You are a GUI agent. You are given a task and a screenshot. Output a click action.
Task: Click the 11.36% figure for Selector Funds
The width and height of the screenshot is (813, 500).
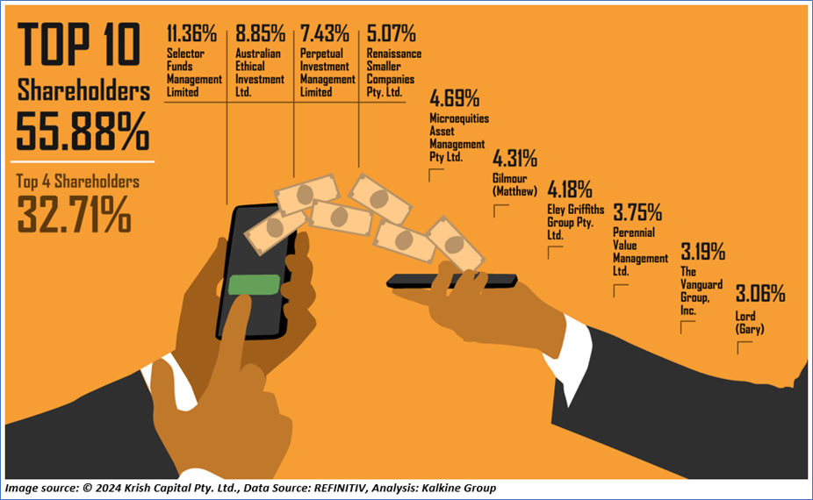[x=191, y=35]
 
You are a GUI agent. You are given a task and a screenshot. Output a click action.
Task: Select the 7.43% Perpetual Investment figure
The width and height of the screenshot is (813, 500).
[x=324, y=35]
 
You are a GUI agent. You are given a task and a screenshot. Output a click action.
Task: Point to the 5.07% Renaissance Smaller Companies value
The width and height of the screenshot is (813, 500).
[x=391, y=35]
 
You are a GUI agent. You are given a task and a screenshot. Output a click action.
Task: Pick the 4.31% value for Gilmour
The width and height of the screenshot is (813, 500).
[x=514, y=159]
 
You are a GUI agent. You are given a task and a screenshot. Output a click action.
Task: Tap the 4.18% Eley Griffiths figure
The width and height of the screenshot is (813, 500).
[x=570, y=189]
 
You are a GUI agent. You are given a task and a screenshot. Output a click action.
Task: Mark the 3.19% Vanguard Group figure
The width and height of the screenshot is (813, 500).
[x=702, y=252]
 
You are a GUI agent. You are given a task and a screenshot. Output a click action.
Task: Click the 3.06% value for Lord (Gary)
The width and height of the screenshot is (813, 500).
[x=759, y=293]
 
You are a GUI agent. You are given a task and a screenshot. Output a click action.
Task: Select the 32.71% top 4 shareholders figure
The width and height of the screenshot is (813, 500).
[x=74, y=214]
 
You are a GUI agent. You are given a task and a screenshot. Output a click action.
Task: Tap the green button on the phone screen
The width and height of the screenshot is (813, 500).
[x=254, y=285]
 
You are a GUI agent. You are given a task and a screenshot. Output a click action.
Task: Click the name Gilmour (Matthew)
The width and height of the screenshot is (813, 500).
[x=514, y=184]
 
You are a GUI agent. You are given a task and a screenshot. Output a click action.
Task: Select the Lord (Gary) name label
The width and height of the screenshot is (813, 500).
[x=750, y=323]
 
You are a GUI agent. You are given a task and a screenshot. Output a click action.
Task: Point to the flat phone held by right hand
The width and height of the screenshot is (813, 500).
[x=452, y=281]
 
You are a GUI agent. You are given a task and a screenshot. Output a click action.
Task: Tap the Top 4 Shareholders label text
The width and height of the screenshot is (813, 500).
[x=78, y=182]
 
